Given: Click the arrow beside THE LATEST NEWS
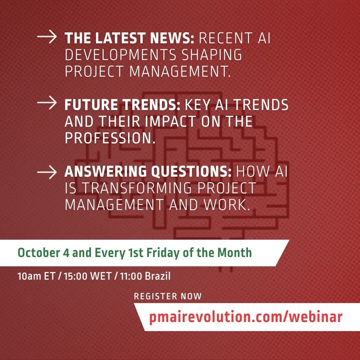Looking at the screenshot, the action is [47, 36].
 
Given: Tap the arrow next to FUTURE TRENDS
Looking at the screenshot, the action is [47, 103].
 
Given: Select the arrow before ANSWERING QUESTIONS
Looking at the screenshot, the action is [47, 172].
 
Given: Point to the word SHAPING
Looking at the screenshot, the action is [212, 55].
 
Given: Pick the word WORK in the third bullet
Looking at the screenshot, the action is [227, 205].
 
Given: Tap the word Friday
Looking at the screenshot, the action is [163, 253].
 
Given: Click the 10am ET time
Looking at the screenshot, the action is [36, 276].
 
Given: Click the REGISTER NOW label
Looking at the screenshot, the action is [168, 296].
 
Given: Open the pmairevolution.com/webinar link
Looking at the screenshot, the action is [246, 317].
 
